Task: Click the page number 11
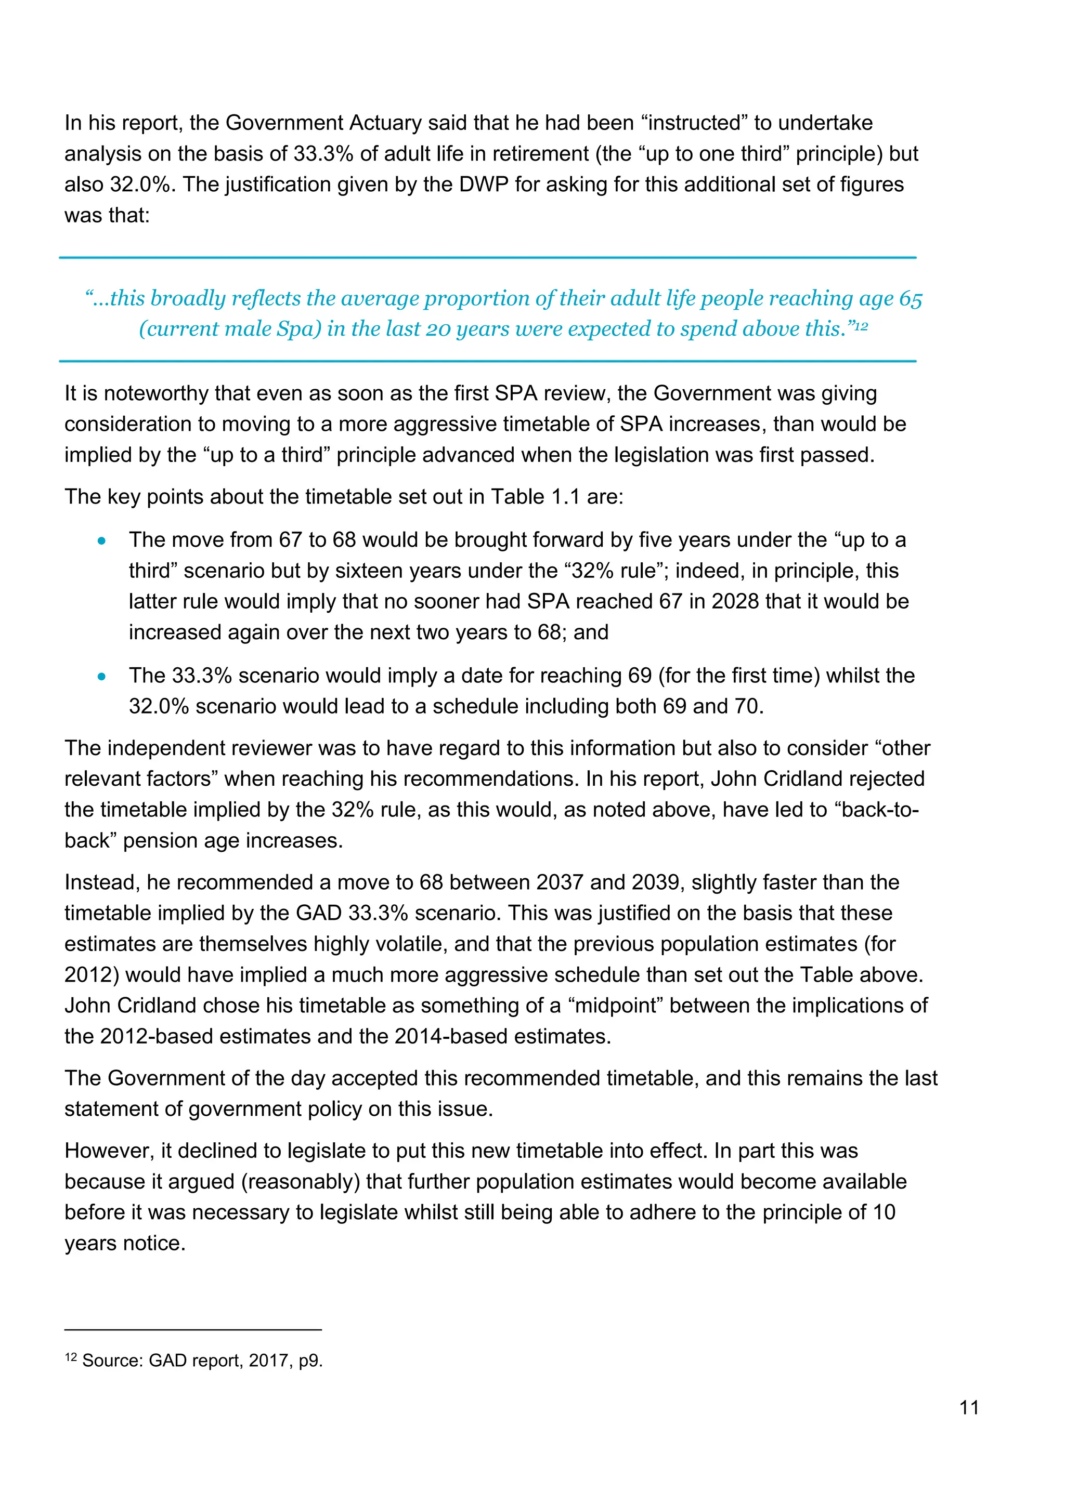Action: pyautogui.click(x=969, y=1407)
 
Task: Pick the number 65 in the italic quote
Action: pyautogui.click(x=910, y=298)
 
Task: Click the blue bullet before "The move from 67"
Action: pyautogui.click(x=101, y=541)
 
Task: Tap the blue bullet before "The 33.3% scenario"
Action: pyautogui.click(x=101, y=677)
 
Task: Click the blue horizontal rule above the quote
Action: pyautogui.click(x=487, y=258)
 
